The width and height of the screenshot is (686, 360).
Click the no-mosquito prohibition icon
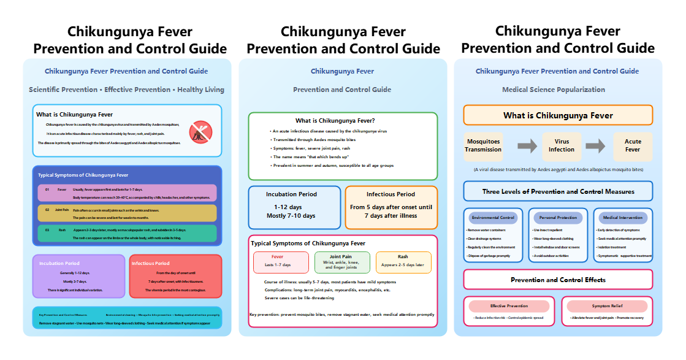pos(200,131)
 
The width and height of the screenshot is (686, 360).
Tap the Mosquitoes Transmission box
pos(483,146)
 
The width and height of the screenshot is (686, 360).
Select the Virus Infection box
pos(562,146)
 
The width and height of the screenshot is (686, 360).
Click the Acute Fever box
pos(633,146)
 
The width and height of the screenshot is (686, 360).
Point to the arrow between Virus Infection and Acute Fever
pos(595,146)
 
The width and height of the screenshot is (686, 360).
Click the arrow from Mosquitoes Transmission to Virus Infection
pos(527,146)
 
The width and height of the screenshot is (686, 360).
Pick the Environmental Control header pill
pos(494,218)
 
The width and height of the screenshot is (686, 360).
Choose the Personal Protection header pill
pos(558,218)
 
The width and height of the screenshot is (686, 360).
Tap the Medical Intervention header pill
pos(622,218)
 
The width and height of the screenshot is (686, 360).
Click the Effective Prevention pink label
pos(509,306)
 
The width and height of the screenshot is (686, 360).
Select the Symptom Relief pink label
pos(607,306)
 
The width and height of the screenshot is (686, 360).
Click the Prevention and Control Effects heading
pos(558,280)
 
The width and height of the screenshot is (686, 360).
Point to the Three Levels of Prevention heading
pos(558,191)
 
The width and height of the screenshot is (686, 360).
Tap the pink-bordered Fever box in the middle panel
pos(281,262)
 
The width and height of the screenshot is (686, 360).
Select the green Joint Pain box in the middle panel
pos(342,262)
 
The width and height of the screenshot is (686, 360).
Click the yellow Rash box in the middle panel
pos(403,262)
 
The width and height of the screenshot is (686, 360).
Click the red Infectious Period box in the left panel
pos(175,276)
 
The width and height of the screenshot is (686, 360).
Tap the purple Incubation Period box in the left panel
pos(78,276)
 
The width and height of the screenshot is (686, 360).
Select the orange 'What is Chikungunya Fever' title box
pos(558,115)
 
